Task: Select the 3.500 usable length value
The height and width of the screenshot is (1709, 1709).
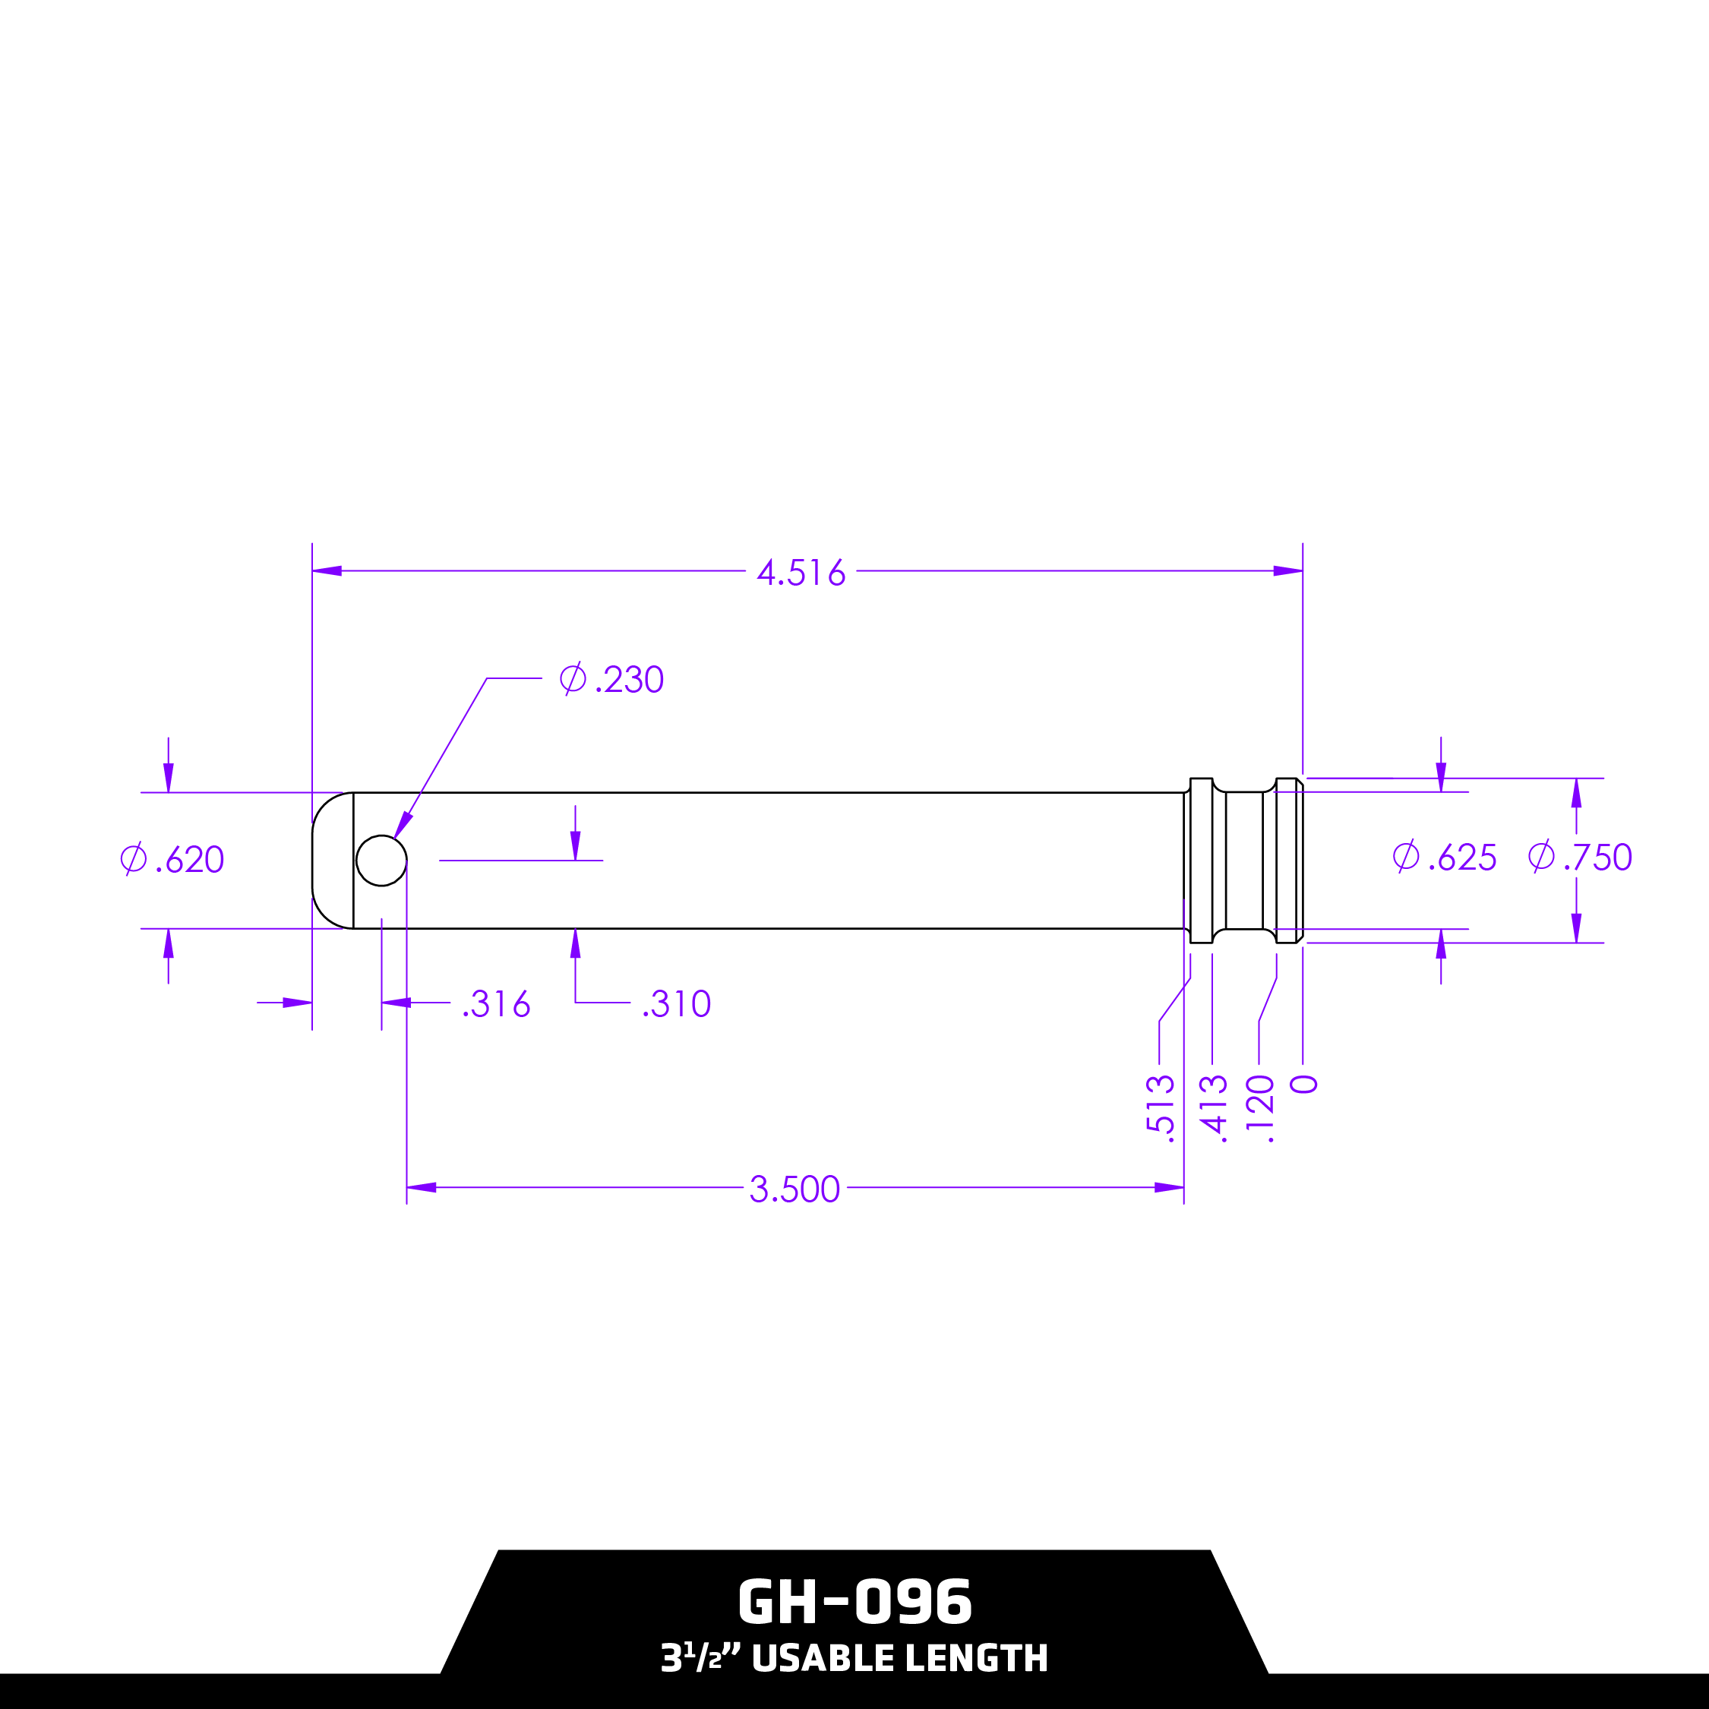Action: [794, 1189]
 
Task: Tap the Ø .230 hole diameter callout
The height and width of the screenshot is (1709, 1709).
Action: [612, 679]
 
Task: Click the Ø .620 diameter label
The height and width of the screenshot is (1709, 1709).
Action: [172, 859]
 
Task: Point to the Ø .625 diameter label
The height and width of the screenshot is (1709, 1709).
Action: [1445, 857]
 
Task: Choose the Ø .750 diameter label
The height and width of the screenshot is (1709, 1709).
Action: [1580, 856]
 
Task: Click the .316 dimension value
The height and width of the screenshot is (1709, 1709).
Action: [496, 1004]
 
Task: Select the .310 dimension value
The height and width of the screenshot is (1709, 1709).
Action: [677, 1004]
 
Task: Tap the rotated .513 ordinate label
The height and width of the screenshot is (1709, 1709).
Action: [1160, 1107]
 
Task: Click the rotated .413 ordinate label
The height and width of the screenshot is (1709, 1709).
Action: [1213, 1107]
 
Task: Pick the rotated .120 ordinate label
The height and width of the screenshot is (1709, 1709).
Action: [1259, 1107]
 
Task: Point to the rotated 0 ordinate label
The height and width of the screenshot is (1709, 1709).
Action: [1304, 1085]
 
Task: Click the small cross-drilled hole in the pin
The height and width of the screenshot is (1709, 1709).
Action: [381, 860]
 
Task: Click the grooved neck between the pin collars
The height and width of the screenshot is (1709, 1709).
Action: [1243, 860]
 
